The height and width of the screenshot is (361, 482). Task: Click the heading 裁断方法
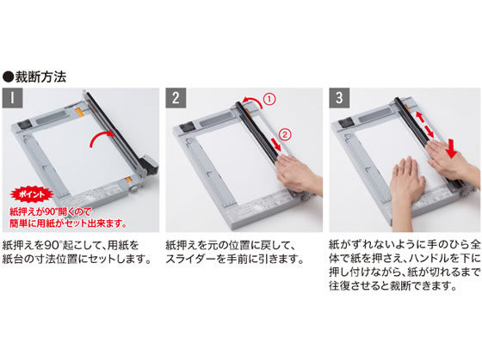[x=40, y=77]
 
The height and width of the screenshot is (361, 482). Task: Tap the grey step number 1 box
[x=12, y=98]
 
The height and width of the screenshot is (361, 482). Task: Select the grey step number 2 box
[x=176, y=98]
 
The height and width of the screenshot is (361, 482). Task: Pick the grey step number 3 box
[x=339, y=98]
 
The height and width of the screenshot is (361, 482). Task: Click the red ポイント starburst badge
[x=32, y=194]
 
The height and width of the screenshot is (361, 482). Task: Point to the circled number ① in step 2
[x=269, y=99]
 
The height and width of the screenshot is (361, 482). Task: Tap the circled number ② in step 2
[x=285, y=134]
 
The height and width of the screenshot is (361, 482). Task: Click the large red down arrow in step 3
[x=452, y=149]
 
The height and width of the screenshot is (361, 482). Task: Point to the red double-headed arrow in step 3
[x=425, y=125]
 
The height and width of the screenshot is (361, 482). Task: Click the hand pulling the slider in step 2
[x=298, y=173]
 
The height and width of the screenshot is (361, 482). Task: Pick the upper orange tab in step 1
[x=79, y=113]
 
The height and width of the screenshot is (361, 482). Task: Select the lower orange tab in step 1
[x=128, y=180]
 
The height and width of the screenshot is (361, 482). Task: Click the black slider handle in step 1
[x=149, y=164]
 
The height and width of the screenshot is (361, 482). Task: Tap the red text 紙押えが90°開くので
[x=51, y=211]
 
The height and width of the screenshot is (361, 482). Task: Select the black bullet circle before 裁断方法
[x=9, y=77]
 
